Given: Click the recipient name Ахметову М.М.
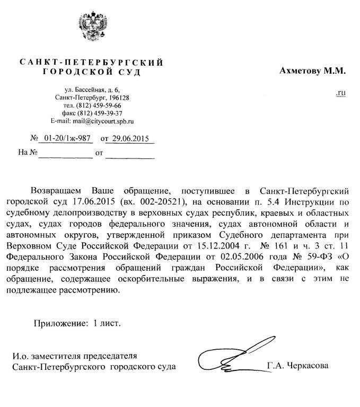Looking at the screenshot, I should tap(312, 70).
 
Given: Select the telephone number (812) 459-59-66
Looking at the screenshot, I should tap(102, 105).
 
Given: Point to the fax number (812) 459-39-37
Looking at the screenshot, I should tap(104, 113).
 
